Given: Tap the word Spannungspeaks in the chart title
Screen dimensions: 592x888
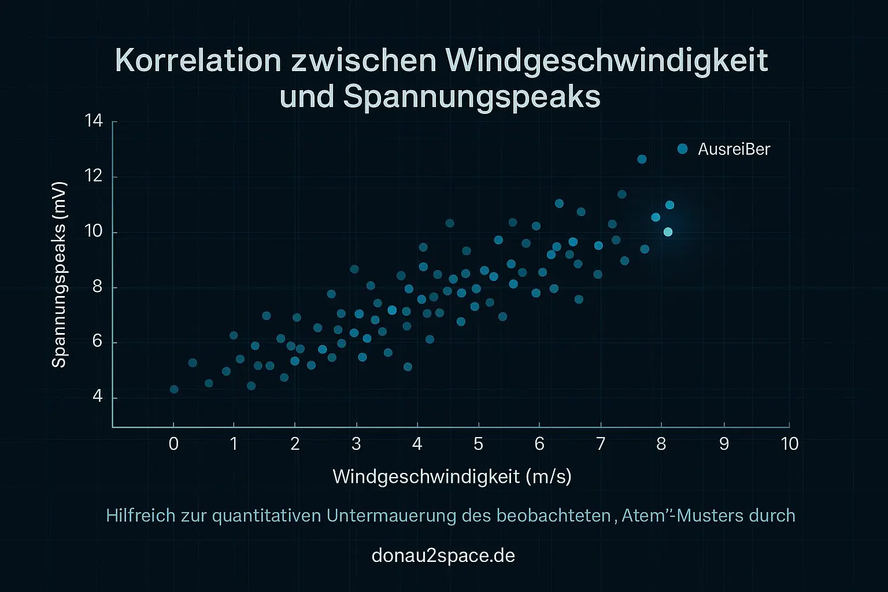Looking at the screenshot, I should (x=472, y=97).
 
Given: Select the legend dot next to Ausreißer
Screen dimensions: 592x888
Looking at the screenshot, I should (x=682, y=149).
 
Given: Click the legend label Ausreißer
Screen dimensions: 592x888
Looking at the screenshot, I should (x=734, y=149).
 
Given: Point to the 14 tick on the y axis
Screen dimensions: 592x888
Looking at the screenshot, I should (x=93, y=121).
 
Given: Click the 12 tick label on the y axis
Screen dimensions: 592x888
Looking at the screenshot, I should (x=93, y=176).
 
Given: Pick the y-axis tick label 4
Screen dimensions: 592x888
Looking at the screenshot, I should (x=97, y=397).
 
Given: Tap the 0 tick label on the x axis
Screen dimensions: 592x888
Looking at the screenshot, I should (x=173, y=444).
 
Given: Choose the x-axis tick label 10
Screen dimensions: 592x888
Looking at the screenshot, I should (x=789, y=444).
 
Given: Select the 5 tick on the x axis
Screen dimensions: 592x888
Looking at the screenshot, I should (x=478, y=444).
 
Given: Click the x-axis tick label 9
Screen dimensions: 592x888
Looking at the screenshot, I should (x=724, y=444).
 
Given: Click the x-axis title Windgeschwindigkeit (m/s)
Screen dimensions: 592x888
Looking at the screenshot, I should (x=452, y=477).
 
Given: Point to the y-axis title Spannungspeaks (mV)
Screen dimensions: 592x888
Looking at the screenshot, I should (x=60, y=275).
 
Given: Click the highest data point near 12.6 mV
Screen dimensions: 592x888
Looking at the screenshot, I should (x=642, y=159).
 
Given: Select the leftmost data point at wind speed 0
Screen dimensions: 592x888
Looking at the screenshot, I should (x=174, y=389).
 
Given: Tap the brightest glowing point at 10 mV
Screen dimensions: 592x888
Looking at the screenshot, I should (x=668, y=232).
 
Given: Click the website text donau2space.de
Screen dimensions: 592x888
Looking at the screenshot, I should (x=443, y=556).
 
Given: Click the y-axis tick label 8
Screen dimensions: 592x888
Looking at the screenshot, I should (x=97, y=287).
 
